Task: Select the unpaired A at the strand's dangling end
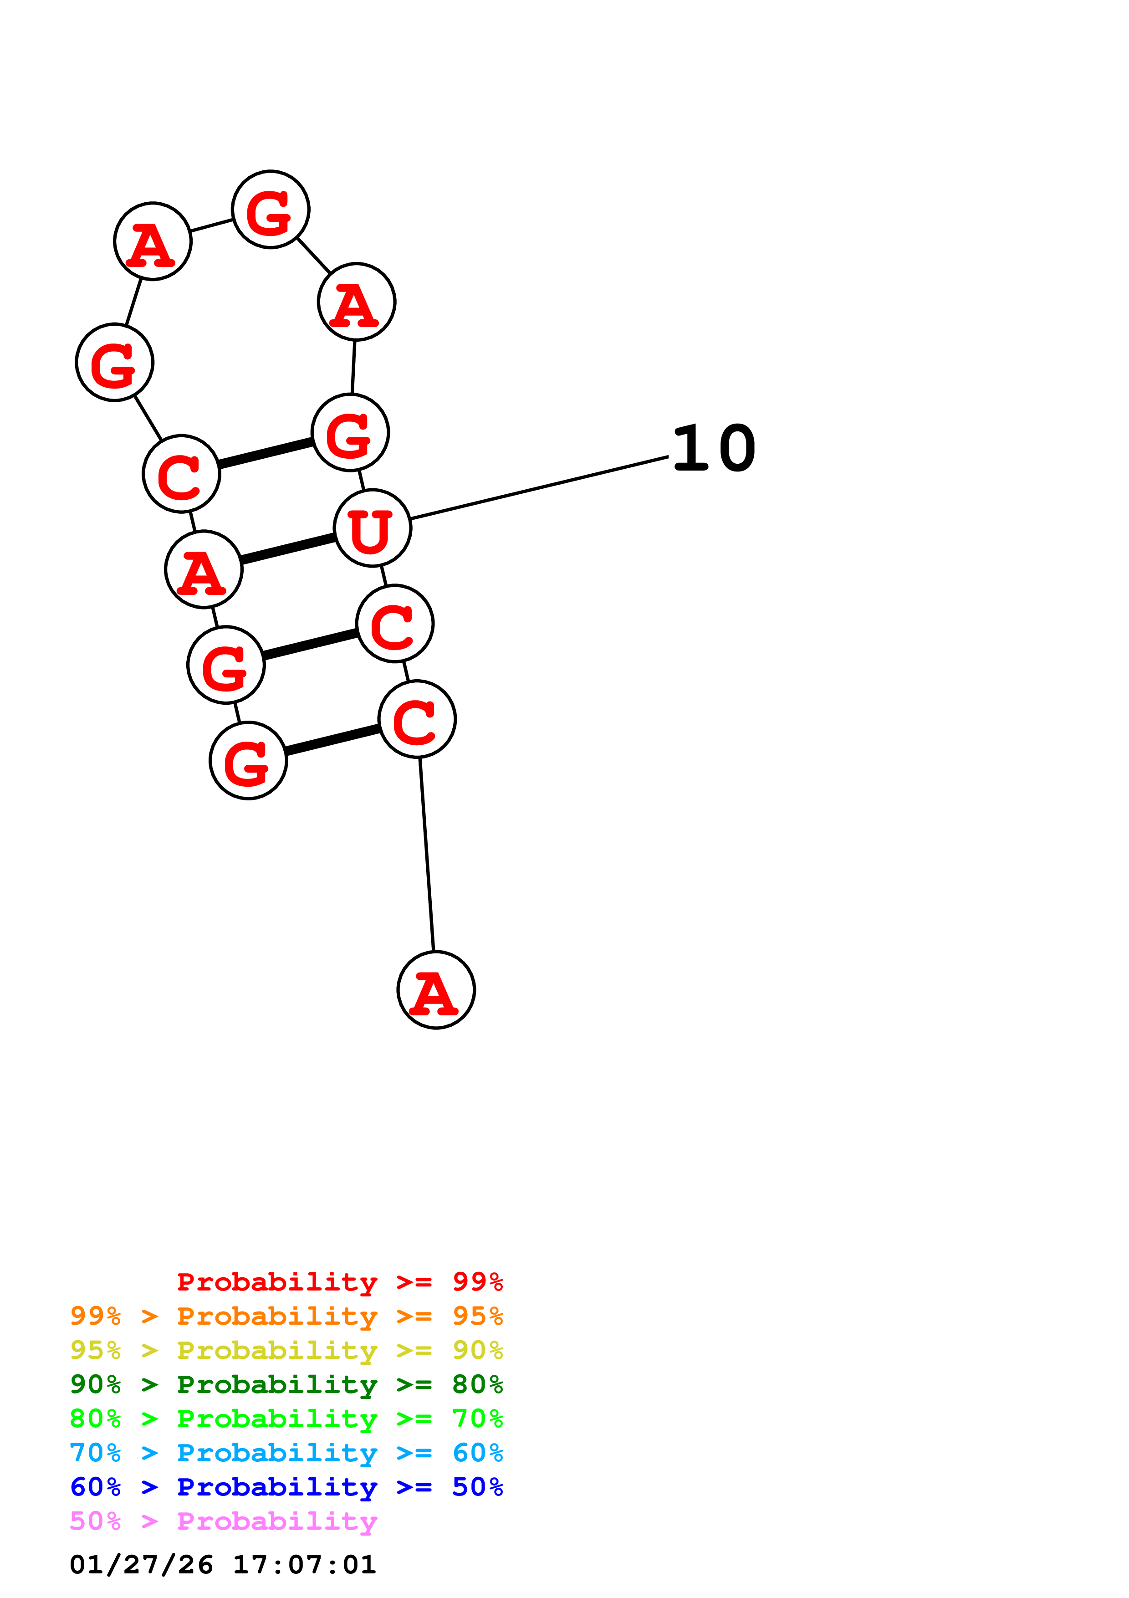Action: (x=436, y=990)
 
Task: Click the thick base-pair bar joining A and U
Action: (x=288, y=548)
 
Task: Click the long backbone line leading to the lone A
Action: (x=426, y=854)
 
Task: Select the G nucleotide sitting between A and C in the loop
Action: (x=115, y=363)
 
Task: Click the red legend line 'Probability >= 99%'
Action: (x=339, y=1282)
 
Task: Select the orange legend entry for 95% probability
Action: (x=286, y=1316)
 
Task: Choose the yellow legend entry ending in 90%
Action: (x=286, y=1350)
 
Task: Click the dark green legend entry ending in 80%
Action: (x=286, y=1384)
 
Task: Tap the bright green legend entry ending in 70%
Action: (x=286, y=1419)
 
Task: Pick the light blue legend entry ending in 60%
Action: (x=286, y=1453)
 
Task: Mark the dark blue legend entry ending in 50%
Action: (x=286, y=1487)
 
